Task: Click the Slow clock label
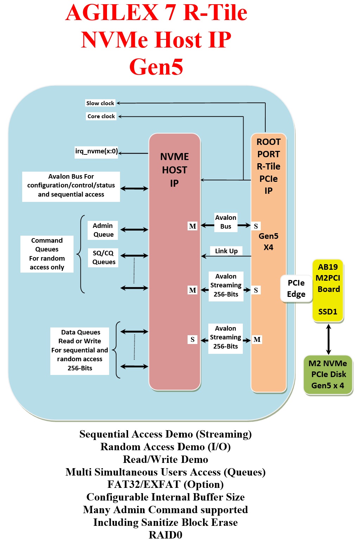[x=100, y=103]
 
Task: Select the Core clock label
[x=101, y=116]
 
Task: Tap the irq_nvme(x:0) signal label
[x=96, y=152]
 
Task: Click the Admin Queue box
[x=103, y=230]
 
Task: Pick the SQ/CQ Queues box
[x=103, y=257]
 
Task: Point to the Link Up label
[x=226, y=251]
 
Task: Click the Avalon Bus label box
[x=226, y=222]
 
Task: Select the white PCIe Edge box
[x=296, y=288]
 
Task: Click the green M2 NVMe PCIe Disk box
[x=328, y=375]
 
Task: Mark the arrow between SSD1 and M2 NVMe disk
[x=328, y=339]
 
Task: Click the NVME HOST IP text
[x=175, y=170]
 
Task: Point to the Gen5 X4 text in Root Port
[x=269, y=242]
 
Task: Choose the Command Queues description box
[x=47, y=254]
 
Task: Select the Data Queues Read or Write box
[x=80, y=350]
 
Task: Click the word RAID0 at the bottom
[x=165, y=535]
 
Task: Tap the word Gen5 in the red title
[x=156, y=66]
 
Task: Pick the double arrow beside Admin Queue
[x=134, y=230]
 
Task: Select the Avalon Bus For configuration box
[x=71, y=185]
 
